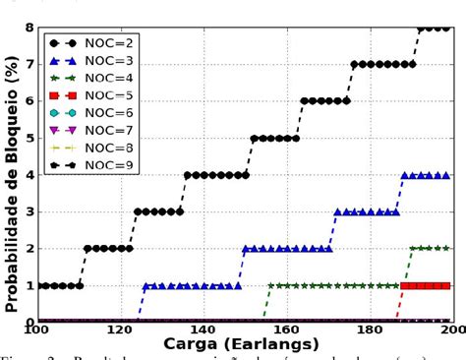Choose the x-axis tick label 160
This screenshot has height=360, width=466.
pyautogui.click(x=285, y=330)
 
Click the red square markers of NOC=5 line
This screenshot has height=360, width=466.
pyautogui.click(x=426, y=285)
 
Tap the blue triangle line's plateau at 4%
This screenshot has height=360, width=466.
pyautogui.click(x=426, y=175)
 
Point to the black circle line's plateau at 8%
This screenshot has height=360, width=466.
pyautogui.click(x=434, y=28)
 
